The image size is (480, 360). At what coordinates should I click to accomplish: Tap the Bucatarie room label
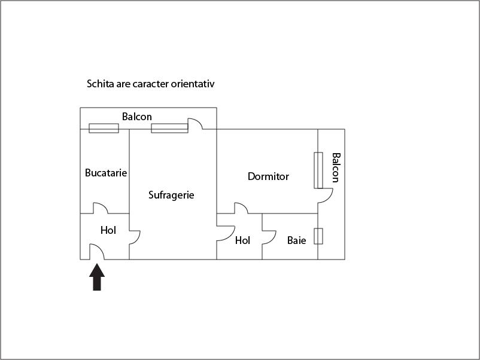pyautogui.click(x=106, y=173)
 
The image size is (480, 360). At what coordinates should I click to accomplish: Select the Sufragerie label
pyautogui.click(x=171, y=195)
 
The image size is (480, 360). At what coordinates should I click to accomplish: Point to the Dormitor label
pyautogui.click(x=268, y=176)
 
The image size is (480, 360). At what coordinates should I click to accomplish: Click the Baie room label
pyautogui.click(x=296, y=240)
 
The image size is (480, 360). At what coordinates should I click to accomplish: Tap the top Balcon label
pyautogui.click(x=137, y=117)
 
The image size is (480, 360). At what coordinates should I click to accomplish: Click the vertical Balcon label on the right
pyautogui.click(x=336, y=167)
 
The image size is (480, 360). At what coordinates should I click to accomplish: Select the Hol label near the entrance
pyautogui.click(x=108, y=230)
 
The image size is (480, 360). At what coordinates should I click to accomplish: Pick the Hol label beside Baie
pyautogui.click(x=242, y=240)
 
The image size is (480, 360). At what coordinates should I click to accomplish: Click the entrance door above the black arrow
pyautogui.click(x=97, y=252)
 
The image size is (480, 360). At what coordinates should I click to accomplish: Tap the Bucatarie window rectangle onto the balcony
pyautogui.click(x=104, y=128)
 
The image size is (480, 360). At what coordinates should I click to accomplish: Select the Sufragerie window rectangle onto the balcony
pyautogui.click(x=169, y=128)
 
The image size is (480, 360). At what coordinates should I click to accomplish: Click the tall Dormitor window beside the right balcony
pyautogui.click(x=318, y=170)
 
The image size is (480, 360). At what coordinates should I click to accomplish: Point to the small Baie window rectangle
pyautogui.click(x=318, y=236)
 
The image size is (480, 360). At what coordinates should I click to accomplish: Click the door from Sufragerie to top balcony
pyautogui.click(x=195, y=124)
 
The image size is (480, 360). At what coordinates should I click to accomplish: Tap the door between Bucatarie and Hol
pyautogui.click(x=100, y=208)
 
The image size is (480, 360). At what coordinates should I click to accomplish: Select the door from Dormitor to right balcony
pyautogui.click(x=325, y=196)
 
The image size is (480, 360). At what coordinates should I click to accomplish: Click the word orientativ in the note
pyautogui.click(x=193, y=84)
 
